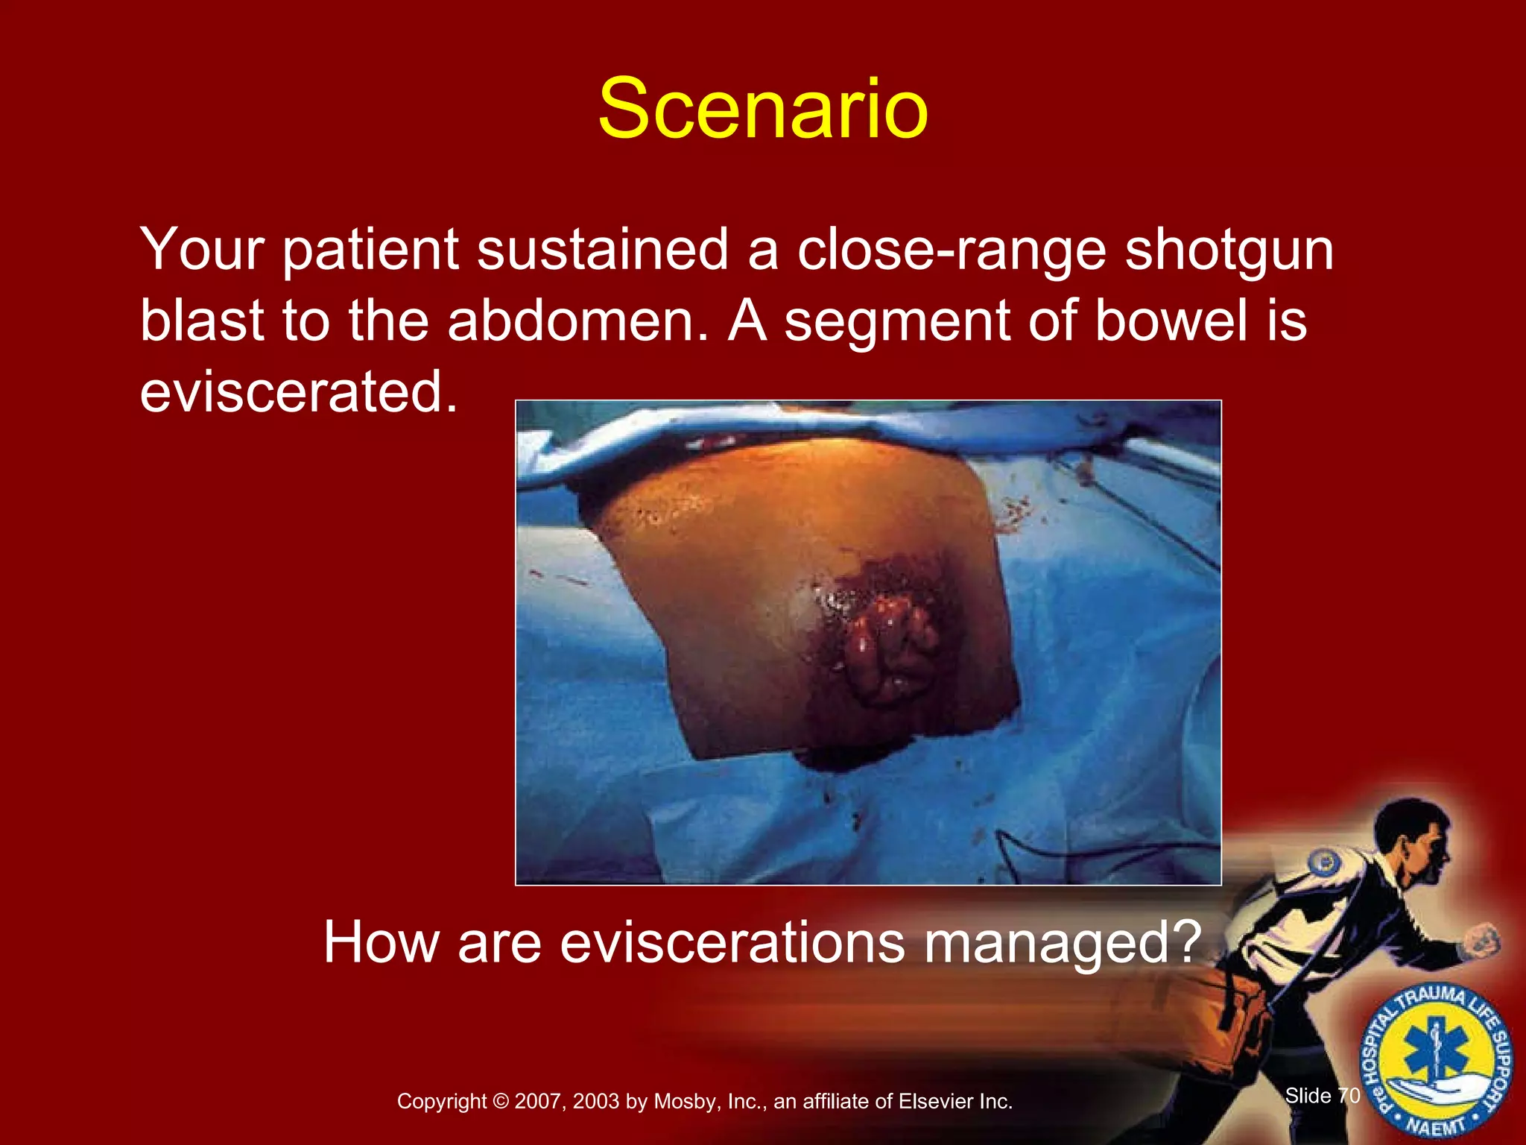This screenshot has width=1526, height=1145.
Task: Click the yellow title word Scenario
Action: (x=762, y=110)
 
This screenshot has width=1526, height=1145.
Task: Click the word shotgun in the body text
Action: (x=1229, y=250)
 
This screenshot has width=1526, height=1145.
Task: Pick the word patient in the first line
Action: (x=370, y=250)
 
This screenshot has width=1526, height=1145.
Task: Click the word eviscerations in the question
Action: (x=732, y=942)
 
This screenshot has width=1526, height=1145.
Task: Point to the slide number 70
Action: (x=1349, y=1095)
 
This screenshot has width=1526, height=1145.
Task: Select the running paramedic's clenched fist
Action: (x=1483, y=941)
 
